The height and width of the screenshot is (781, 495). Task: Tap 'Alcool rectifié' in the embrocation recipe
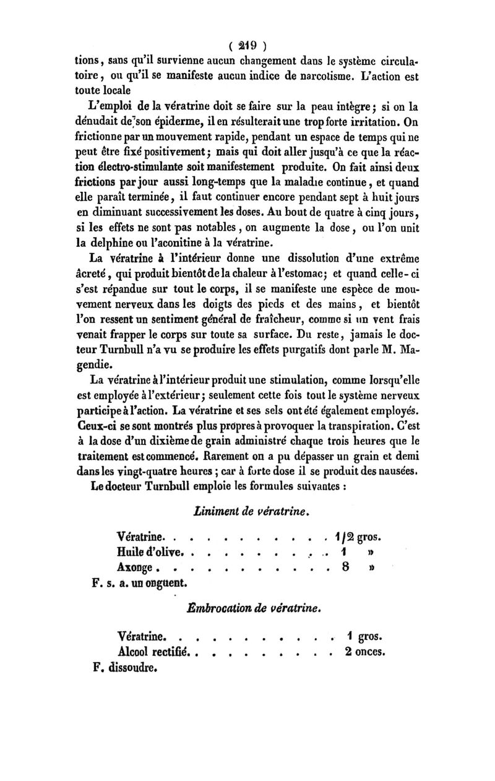155,650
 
